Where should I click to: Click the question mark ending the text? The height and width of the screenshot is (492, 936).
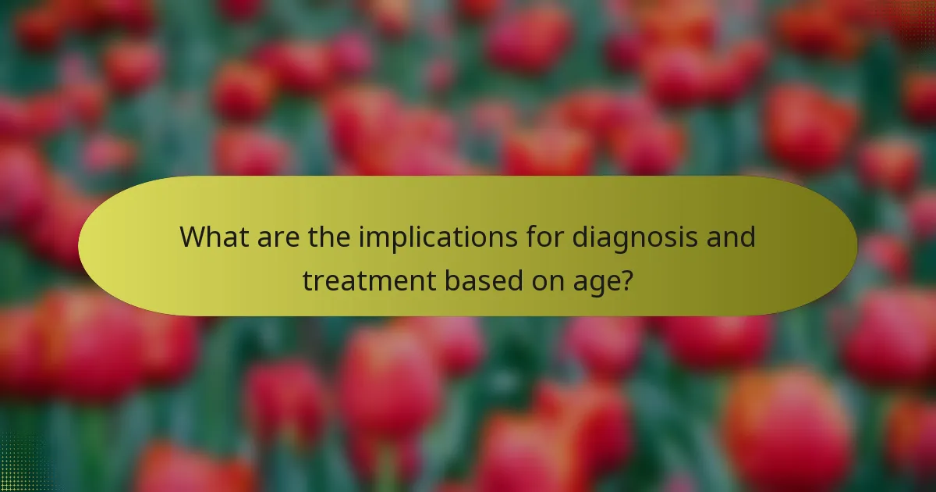coord(626,279)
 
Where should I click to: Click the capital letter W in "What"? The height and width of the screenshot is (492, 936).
coord(192,237)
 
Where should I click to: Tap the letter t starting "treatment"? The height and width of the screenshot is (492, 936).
coord(307,279)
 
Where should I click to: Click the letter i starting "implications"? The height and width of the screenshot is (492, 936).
coord(361,237)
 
